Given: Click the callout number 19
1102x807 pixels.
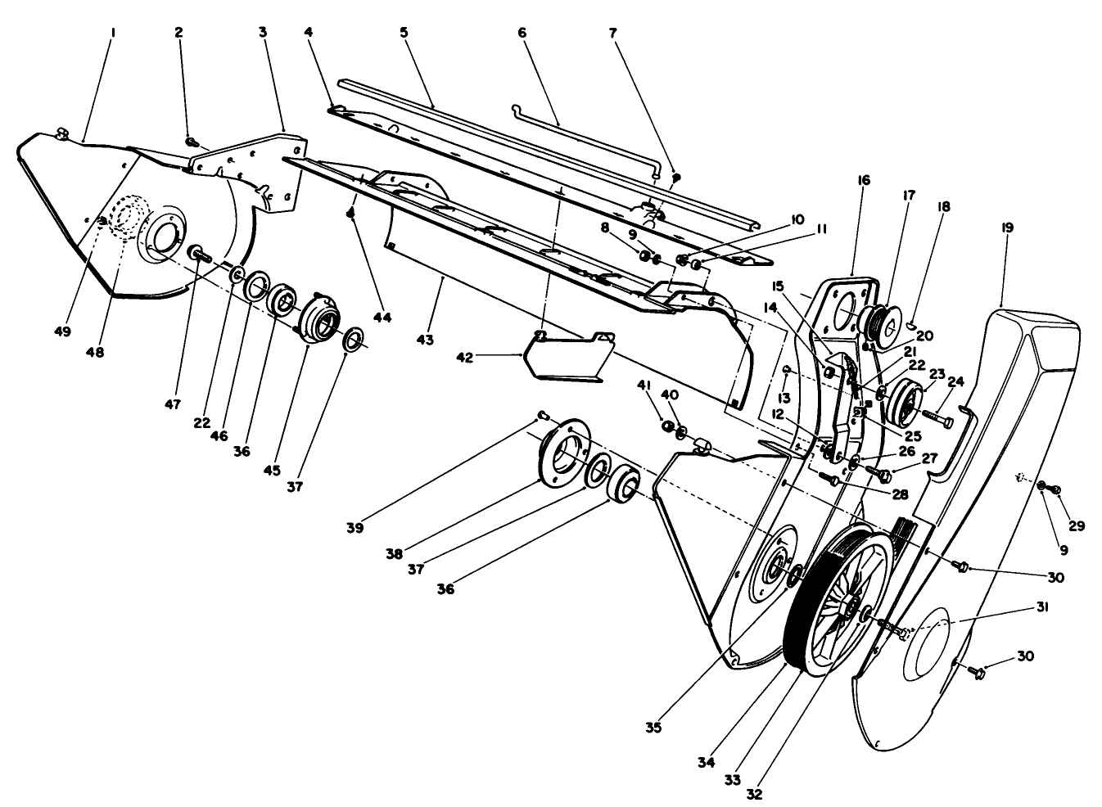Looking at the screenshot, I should coord(1006,228).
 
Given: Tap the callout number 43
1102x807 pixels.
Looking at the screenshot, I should coord(425,339).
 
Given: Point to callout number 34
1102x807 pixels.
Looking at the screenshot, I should coord(707,762).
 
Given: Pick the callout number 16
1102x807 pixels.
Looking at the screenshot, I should coord(865,179).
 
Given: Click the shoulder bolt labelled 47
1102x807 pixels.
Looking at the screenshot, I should coord(199,254).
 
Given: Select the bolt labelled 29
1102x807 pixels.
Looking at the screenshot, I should coord(1055,490).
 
